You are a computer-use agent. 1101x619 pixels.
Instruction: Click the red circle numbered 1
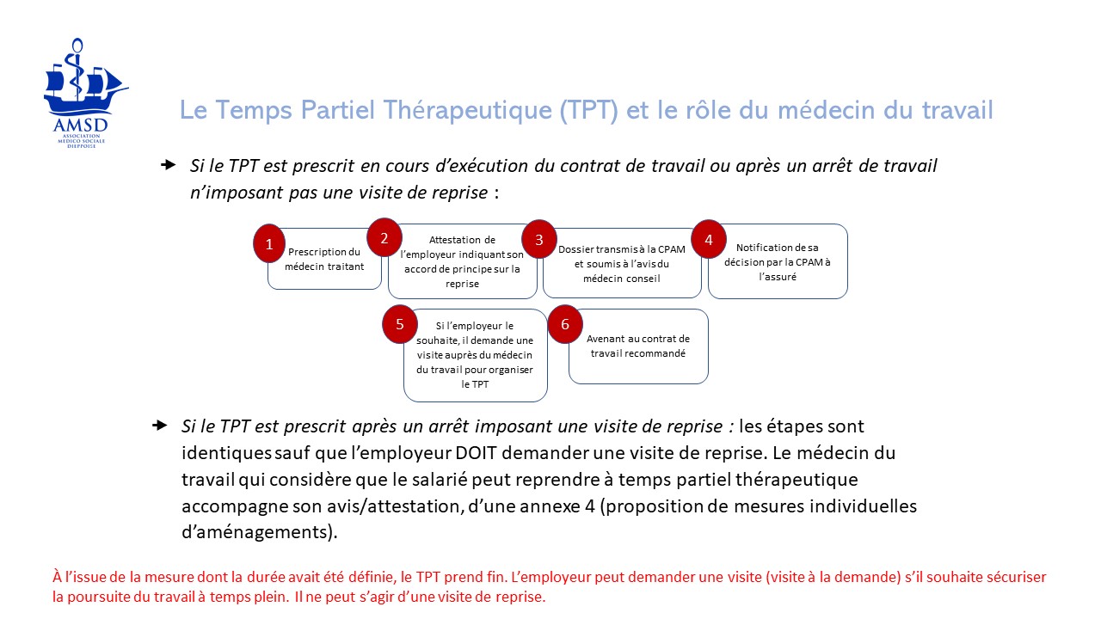tap(269, 244)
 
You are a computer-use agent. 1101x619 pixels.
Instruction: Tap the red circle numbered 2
tap(384, 237)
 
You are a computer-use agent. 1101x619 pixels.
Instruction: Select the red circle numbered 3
tap(539, 240)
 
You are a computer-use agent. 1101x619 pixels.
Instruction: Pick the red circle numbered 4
tap(709, 240)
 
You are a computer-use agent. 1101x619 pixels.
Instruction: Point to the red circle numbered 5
tap(400, 324)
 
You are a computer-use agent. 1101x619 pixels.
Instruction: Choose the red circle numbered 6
tap(565, 324)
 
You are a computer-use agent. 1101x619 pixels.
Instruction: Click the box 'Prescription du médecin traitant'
tap(326, 259)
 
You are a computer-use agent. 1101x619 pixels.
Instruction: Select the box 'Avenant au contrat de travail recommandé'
tap(638, 346)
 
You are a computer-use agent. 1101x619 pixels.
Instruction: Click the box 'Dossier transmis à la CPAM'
tap(622, 263)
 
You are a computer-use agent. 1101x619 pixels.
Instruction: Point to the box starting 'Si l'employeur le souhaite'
tap(476, 355)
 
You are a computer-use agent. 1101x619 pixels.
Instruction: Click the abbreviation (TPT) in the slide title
tap(588, 111)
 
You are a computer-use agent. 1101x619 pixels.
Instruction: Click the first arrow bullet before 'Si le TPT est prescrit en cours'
tap(169, 165)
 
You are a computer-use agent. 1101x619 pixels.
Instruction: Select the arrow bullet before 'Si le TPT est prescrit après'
tap(160, 426)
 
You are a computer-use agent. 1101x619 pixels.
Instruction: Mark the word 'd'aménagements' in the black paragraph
tap(255, 532)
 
